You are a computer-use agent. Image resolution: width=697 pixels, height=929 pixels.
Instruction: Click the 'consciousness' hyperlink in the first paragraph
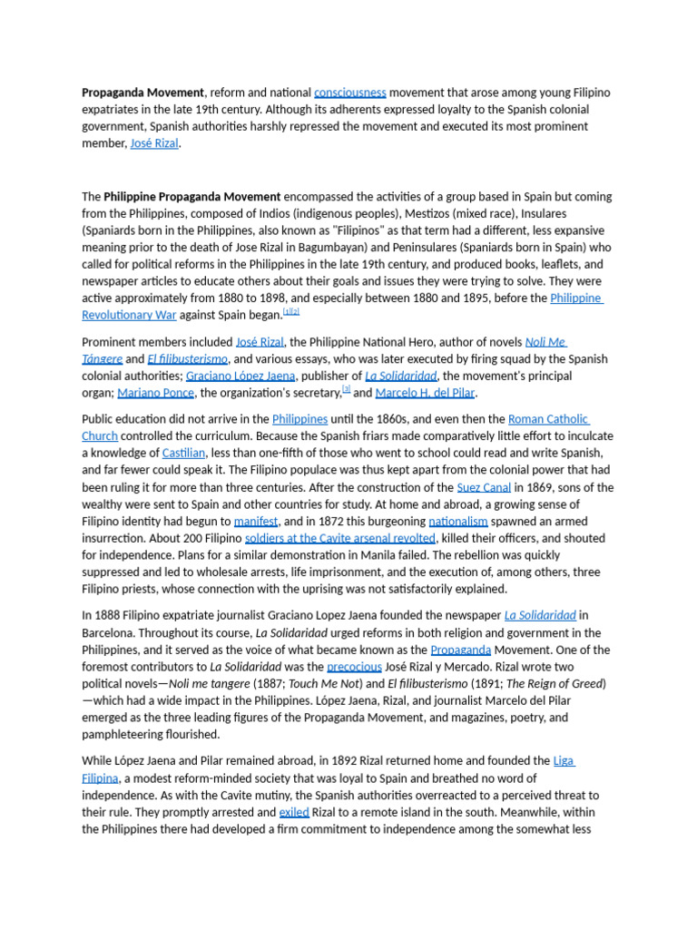tap(349, 93)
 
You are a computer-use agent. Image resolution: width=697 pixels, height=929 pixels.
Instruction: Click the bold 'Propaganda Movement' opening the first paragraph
tap(142, 93)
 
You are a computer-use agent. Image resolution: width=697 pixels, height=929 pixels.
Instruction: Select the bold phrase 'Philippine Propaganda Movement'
tap(192, 196)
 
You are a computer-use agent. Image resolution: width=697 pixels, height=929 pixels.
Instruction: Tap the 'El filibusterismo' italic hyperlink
tap(188, 359)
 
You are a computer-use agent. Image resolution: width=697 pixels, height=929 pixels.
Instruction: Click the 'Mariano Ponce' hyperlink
tap(155, 393)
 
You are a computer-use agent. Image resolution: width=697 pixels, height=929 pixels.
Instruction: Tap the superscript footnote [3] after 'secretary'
tap(346, 389)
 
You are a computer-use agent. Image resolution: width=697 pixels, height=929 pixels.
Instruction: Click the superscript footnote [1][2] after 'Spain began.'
tap(290, 311)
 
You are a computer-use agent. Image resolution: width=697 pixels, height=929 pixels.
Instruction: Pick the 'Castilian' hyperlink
tap(183, 453)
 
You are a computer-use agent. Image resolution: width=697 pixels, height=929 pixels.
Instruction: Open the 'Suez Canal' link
tap(484, 487)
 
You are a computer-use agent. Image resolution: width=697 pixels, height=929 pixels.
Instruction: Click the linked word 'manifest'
tap(256, 522)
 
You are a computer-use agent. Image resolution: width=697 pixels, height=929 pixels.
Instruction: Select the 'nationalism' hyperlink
tap(458, 522)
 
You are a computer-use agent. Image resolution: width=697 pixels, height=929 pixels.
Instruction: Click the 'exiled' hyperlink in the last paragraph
tap(294, 812)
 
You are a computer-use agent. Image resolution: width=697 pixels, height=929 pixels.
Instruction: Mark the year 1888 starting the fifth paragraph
tap(108, 615)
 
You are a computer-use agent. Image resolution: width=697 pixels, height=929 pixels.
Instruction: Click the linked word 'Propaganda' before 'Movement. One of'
tap(461, 650)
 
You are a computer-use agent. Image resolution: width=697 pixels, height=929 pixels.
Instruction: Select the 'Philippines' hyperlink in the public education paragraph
tap(299, 419)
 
